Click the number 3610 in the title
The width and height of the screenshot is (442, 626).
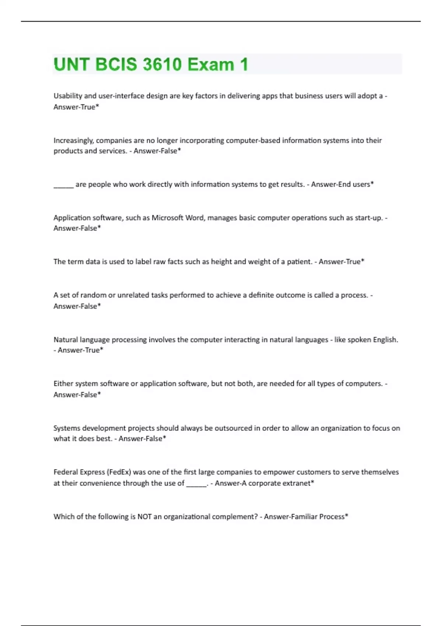(x=162, y=64)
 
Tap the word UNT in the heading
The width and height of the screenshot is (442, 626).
(x=71, y=64)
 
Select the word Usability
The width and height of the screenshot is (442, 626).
(x=68, y=96)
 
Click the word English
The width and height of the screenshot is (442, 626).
(x=385, y=340)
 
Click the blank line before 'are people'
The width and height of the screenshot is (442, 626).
(x=63, y=185)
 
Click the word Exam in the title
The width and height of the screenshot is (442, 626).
(x=211, y=64)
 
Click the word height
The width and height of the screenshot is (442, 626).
(x=221, y=262)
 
